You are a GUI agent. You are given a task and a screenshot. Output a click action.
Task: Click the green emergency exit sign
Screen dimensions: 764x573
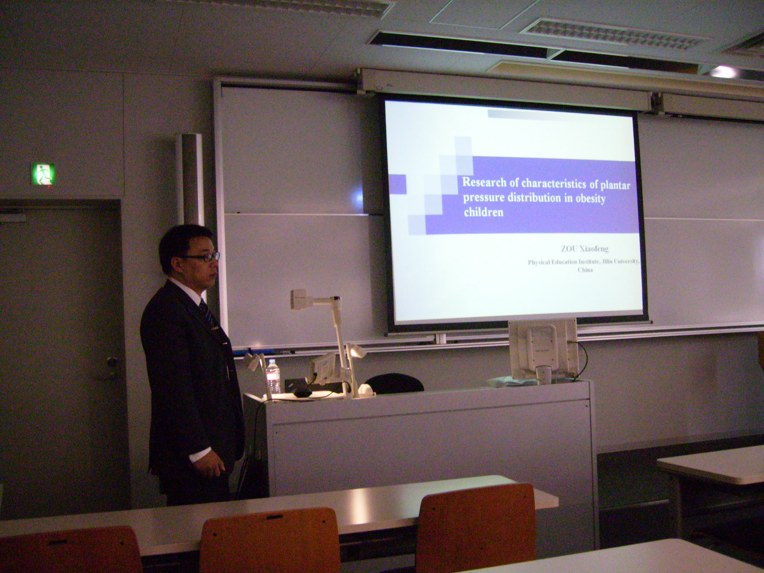pos(43,174)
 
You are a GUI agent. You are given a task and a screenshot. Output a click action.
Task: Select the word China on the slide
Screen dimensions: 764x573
pos(585,270)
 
